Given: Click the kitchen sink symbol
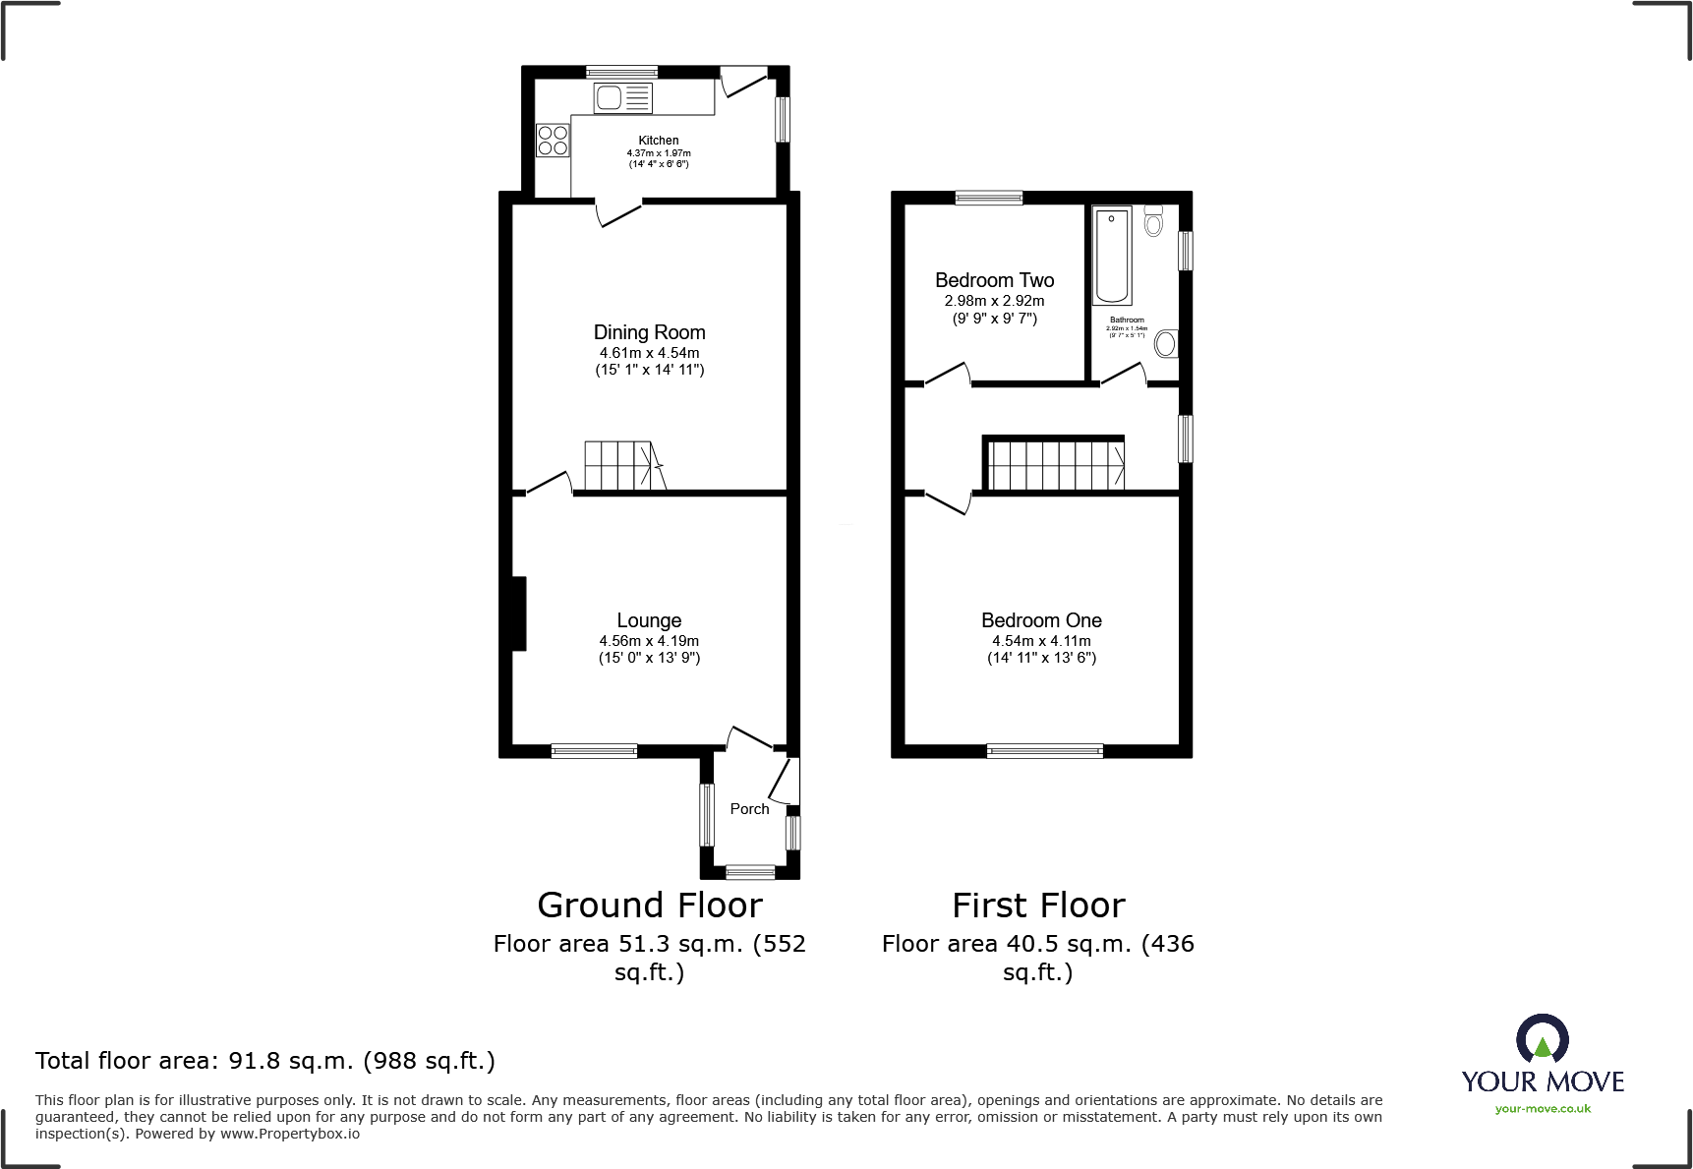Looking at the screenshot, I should coord(622,98).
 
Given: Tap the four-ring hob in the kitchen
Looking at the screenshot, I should coord(553,141).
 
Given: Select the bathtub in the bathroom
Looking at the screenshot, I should coord(1112,256).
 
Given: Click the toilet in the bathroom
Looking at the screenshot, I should coord(1153,221).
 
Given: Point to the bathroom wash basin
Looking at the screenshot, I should coord(1165,343).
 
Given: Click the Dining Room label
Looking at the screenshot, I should coord(649,332).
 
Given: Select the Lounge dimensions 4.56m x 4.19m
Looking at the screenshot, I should coord(649,641).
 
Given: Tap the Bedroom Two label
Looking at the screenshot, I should coord(994,280).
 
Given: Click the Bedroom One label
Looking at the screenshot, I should coord(1041,620).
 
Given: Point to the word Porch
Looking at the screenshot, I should coord(749,809).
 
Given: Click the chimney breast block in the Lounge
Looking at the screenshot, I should coord(518,614).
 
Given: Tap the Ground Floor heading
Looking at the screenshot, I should coord(649,906).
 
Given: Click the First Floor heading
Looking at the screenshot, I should coord(1038,906).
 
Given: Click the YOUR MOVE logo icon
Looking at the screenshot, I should coord(1542,1039).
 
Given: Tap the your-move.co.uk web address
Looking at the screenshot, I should coord(1543,1109).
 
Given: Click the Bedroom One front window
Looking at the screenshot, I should coord(1044,751).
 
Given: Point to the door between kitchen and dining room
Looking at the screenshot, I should coord(620,210).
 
